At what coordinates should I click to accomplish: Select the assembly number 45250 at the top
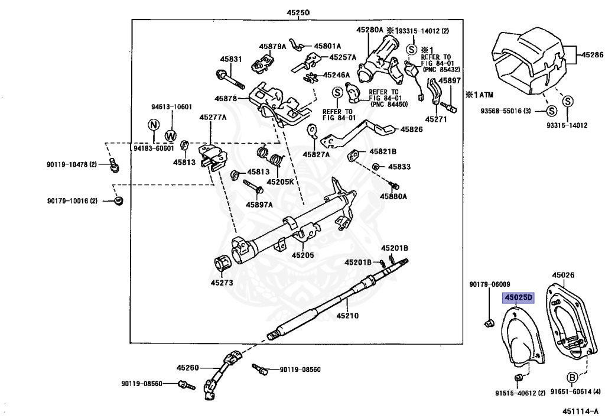(x=298, y=12)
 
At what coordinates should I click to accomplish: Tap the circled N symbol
(x=153, y=125)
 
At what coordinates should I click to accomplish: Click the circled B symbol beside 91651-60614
(x=572, y=377)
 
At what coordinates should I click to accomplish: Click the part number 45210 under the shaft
(x=347, y=316)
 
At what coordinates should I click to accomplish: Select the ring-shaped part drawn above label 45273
(x=223, y=264)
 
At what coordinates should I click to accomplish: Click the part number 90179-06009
(x=490, y=284)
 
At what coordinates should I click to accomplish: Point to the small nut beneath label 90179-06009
(x=489, y=323)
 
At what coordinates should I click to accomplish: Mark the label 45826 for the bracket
(x=411, y=129)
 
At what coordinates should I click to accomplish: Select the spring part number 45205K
(x=279, y=182)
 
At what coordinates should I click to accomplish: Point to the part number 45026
(x=563, y=275)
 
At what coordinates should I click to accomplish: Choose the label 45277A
(x=213, y=118)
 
